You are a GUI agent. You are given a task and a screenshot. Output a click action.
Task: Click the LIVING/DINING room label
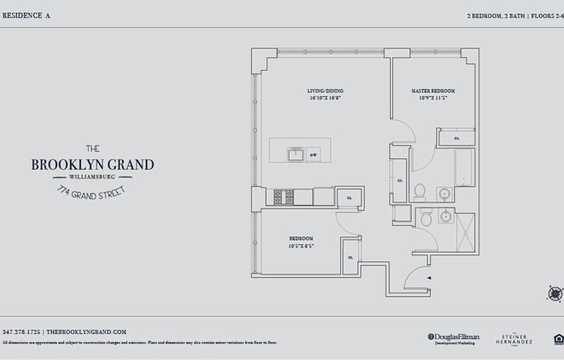point(325,91)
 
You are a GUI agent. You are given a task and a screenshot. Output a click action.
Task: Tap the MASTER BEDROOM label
point(432,91)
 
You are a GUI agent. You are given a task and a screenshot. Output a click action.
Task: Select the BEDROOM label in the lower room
point(301,238)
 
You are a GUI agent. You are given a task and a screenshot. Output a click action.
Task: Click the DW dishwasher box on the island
point(313,155)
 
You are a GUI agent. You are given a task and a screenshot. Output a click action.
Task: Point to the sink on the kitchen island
point(294,155)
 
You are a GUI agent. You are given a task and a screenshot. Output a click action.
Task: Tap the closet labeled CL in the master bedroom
point(457,138)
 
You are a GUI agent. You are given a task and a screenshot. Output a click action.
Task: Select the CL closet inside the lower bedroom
point(350,258)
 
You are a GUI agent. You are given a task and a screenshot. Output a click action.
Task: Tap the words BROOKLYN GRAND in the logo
point(93,164)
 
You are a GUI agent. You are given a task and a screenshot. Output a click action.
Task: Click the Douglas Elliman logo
point(452,337)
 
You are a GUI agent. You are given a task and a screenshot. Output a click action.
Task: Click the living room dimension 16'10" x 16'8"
point(325,98)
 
